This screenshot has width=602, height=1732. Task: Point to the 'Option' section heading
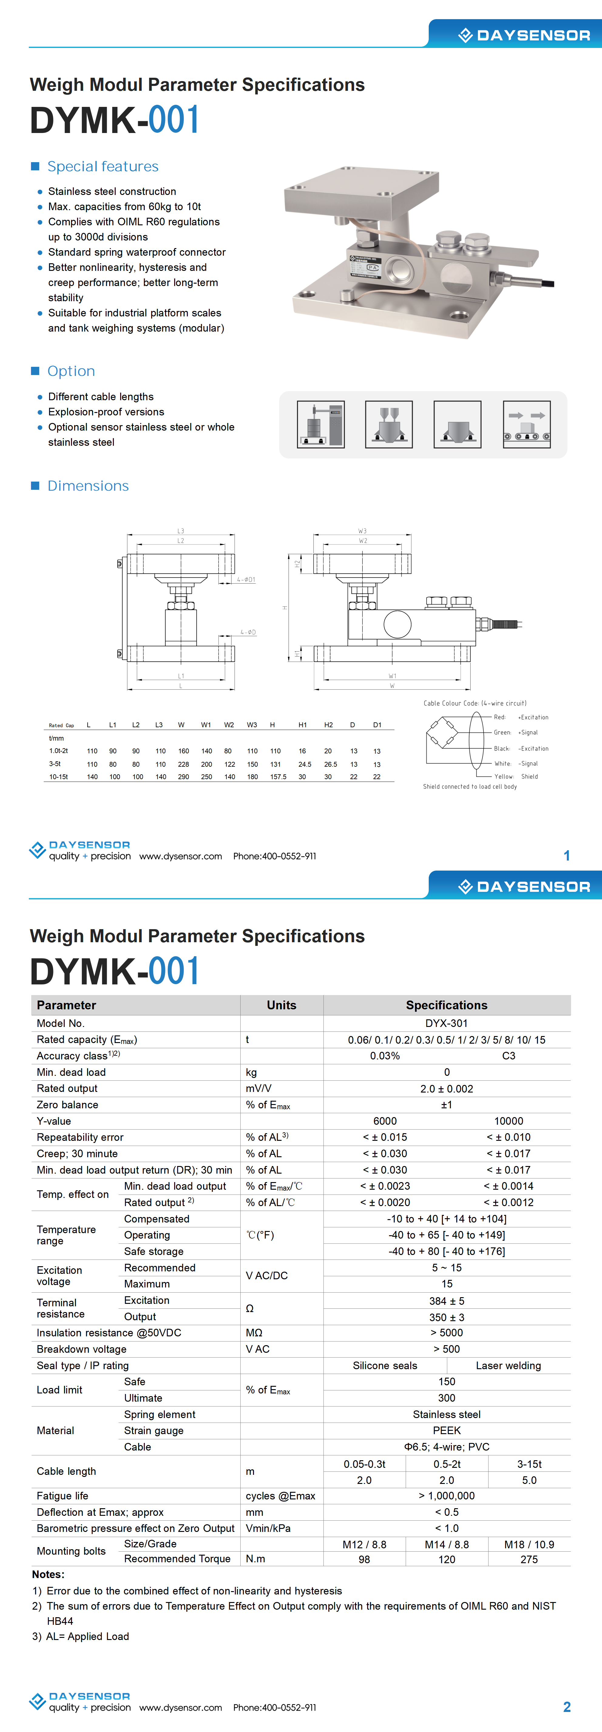pos(71,371)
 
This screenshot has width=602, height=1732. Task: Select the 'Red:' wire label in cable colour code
pos(499,718)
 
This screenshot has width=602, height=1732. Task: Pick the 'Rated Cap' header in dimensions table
pos(61,725)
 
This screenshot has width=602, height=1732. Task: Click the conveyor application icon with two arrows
pos(527,424)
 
